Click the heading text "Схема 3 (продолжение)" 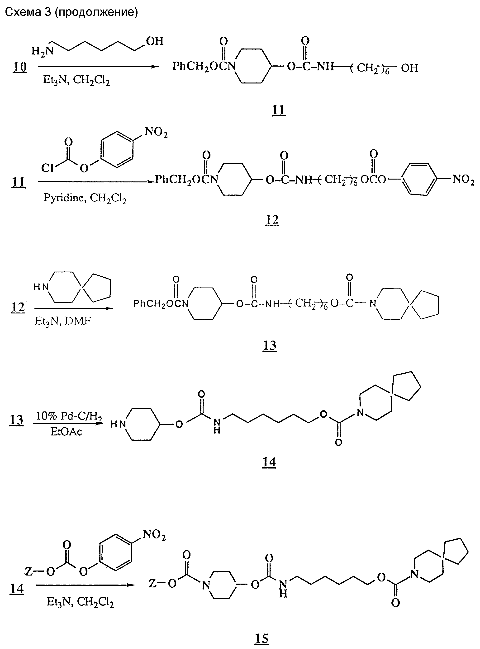(71, 12)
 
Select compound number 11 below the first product (279, 110)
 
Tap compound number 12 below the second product (272, 220)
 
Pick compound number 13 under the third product (269, 346)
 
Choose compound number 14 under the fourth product (269, 462)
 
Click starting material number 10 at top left (20, 67)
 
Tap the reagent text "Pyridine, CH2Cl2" (85, 198)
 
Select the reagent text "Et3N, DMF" (63, 321)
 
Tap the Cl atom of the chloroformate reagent (47, 168)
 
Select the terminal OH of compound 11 (409, 68)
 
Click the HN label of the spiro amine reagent (41, 287)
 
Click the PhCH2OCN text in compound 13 (161, 304)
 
